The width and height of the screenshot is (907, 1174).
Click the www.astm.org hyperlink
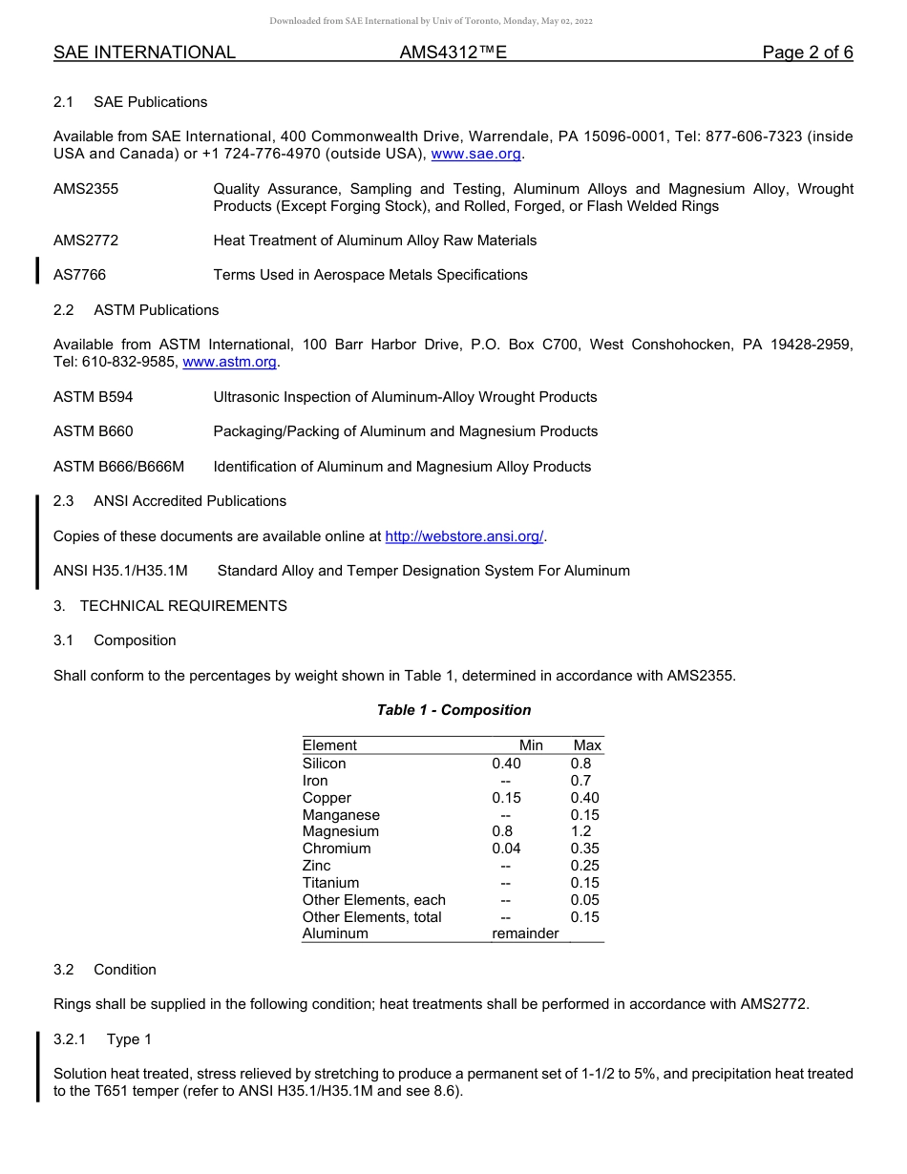(229, 362)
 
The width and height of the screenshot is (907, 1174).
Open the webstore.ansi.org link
(464, 536)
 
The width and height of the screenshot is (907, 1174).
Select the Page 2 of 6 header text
(807, 52)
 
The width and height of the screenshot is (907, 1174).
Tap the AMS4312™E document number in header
(453, 52)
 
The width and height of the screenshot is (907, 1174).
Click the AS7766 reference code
(79, 275)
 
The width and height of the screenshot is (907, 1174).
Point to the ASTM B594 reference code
(93, 397)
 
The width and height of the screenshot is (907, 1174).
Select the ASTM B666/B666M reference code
(118, 467)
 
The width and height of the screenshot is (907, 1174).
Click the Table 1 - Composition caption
(453, 710)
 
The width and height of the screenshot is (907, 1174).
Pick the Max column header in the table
(587, 745)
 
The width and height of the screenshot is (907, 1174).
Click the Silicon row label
(324, 764)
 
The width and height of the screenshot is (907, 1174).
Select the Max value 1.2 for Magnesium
(580, 831)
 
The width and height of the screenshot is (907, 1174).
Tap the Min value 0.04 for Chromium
(506, 849)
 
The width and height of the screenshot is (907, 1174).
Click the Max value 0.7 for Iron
(580, 781)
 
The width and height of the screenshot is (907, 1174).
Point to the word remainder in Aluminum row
(525, 933)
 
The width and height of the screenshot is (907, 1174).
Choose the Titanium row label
(330, 883)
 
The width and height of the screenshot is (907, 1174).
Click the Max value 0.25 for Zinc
(584, 866)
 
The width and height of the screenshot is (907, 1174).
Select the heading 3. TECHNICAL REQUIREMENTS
(170, 606)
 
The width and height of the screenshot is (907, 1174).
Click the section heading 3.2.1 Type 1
(102, 1039)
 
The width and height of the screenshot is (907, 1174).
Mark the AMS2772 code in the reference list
(86, 241)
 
